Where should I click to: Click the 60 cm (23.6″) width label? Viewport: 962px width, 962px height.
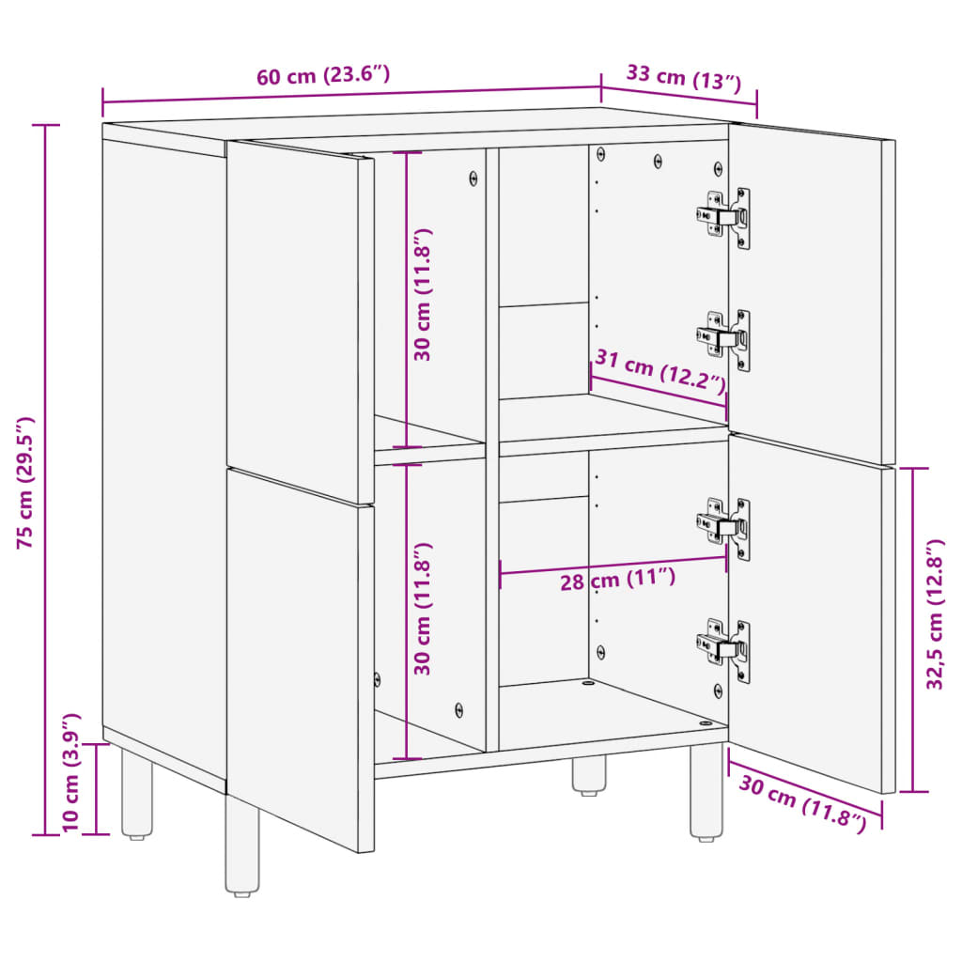[323, 76]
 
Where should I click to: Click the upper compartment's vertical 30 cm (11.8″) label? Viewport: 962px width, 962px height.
[423, 294]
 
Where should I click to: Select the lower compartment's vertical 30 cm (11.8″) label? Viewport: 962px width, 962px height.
[423, 609]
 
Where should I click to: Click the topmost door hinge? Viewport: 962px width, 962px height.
[725, 217]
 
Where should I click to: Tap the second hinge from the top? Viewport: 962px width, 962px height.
[725, 339]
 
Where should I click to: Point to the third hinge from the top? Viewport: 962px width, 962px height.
[725, 528]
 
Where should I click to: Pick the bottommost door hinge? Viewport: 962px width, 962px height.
[725, 648]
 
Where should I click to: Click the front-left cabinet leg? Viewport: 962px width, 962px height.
[241, 846]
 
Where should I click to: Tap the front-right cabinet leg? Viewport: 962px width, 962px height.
[706, 790]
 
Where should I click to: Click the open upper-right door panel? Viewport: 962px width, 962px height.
[810, 291]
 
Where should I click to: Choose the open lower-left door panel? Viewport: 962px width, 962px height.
[299, 658]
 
